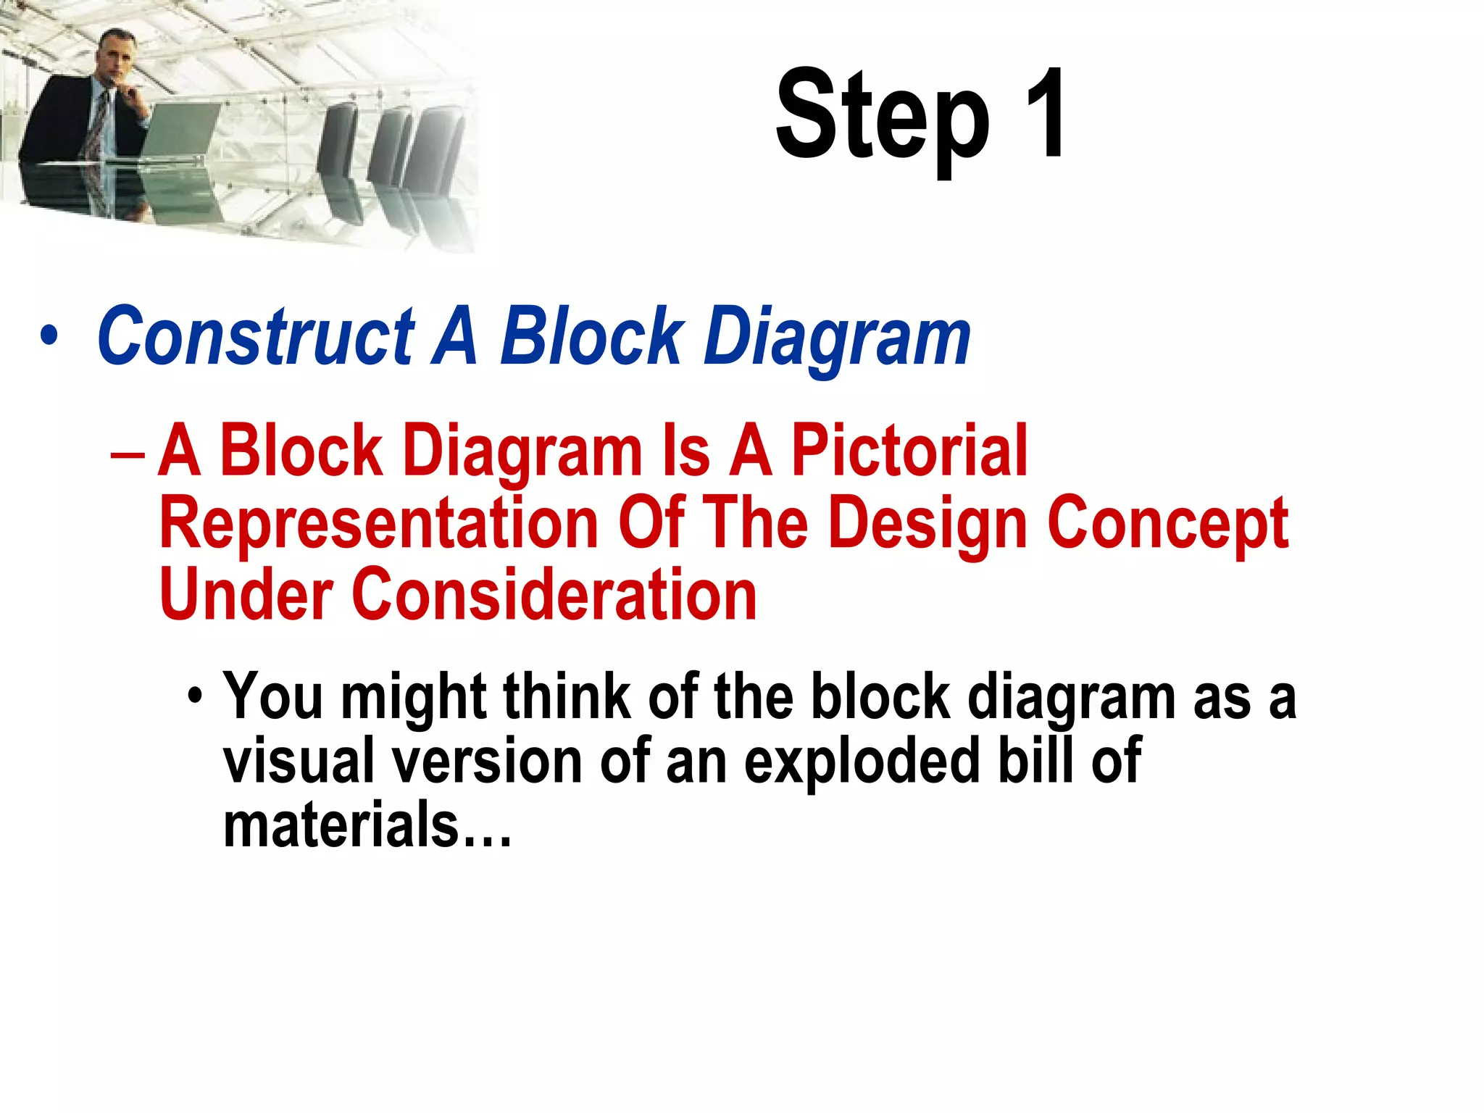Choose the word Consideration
coord(554,595)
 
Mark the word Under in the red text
coord(246,595)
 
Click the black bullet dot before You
coord(194,696)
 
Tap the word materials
coord(341,825)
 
